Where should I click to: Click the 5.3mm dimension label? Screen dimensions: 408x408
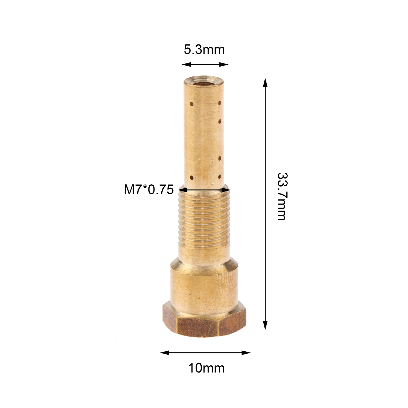pyautogui.click(x=204, y=50)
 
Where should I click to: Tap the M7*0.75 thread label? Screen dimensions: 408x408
pyautogui.click(x=149, y=190)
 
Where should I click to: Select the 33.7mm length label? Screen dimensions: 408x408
pyautogui.click(x=282, y=196)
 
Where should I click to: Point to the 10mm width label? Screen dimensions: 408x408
pyautogui.click(x=207, y=368)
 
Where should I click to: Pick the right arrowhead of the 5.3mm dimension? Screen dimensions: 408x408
pyautogui.click(x=224, y=64)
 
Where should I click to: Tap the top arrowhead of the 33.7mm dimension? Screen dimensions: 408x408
pyautogui.click(x=265, y=83)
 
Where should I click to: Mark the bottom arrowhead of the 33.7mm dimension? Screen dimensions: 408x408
pyautogui.click(x=265, y=325)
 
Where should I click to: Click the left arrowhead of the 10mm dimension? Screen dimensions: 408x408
pyautogui.click(x=165, y=353)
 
